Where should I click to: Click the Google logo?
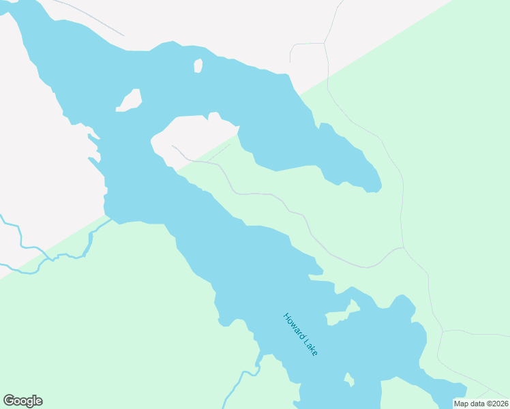(x=22, y=401)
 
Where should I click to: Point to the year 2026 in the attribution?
(x=497, y=404)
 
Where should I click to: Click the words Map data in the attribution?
(x=469, y=404)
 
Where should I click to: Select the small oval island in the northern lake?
(x=198, y=66)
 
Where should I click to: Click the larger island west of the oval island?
(x=130, y=100)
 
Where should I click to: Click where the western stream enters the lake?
(x=108, y=219)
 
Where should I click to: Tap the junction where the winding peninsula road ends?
(x=404, y=247)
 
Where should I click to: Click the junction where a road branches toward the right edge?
(x=442, y=332)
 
